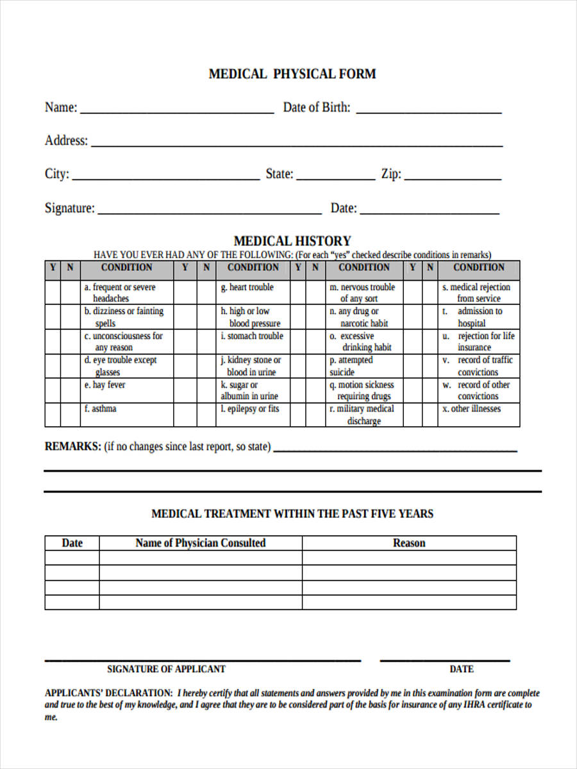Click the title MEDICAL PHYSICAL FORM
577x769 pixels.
[292, 74]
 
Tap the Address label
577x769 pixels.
[66, 141]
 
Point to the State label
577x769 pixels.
[280, 174]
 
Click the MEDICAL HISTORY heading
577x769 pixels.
[292, 242]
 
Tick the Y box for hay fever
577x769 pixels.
[53, 390]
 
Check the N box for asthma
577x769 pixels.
[70, 415]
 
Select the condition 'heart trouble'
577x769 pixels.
[251, 288]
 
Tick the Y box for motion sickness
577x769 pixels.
[298, 390]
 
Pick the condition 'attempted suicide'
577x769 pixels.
[351, 366]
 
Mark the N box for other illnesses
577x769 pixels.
[430, 415]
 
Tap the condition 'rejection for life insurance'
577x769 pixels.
[478, 342]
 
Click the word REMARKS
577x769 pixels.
[72, 447]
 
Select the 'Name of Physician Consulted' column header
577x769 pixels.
[200, 543]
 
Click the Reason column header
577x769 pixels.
[409, 543]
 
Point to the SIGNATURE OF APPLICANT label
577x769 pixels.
[166, 669]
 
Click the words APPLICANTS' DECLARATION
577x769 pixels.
[108, 693]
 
